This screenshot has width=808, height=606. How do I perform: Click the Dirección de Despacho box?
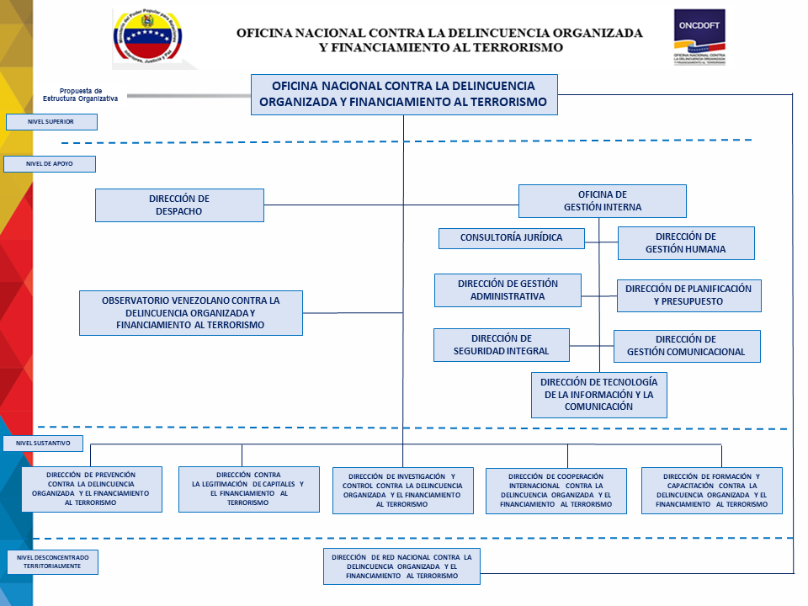point(179,205)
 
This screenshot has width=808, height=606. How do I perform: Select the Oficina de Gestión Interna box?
point(602,201)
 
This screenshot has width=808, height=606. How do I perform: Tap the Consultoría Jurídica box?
point(511,238)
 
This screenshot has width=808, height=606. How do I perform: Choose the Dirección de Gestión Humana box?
point(686,243)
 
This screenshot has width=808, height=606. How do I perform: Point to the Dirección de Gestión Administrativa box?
point(508,290)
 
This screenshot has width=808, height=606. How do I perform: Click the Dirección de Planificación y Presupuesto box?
point(688,295)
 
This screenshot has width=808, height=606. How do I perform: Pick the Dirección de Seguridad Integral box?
point(502,345)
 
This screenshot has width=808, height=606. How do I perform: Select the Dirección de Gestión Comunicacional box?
point(687,346)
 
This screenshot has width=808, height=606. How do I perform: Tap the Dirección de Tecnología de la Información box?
point(598,395)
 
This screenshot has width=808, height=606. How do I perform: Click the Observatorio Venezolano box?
point(191,313)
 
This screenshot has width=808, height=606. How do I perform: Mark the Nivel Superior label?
point(51,122)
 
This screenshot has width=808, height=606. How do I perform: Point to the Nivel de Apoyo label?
point(50,164)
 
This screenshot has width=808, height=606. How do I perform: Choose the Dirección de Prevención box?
point(92,489)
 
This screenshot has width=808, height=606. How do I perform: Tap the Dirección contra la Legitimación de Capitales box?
point(249,489)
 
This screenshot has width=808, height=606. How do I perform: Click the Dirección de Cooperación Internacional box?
point(556,491)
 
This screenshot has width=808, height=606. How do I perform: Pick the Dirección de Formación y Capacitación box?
point(711,490)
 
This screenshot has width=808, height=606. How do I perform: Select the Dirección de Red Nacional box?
point(401,566)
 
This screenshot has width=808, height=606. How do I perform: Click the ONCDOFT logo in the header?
point(699,38)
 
